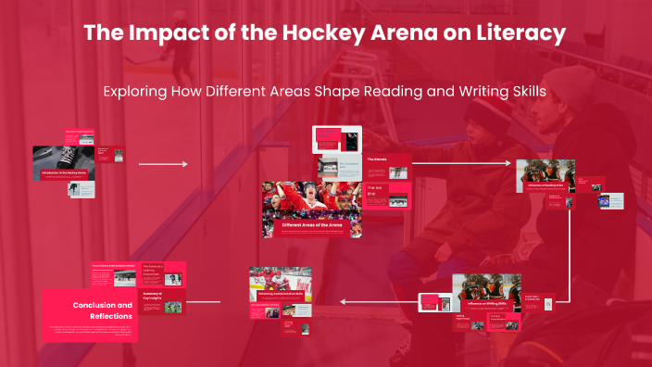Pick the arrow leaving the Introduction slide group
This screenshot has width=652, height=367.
(163, 164)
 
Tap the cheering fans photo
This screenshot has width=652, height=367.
(311, 198)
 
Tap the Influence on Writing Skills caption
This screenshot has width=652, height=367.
(487, 303)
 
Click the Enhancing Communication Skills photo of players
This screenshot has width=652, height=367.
(273, 279)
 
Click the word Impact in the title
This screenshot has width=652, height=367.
(163, 34)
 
